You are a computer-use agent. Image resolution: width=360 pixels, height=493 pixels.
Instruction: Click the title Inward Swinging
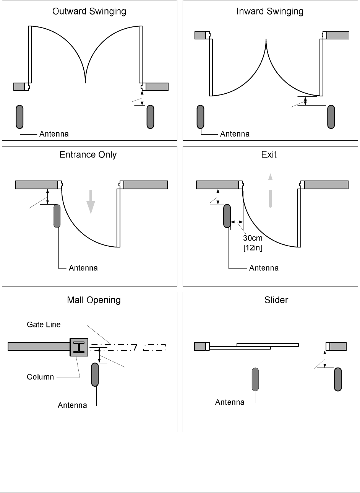click(x=270, y=11)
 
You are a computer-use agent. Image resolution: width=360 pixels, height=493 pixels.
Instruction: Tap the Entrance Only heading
click(x=88, y=155)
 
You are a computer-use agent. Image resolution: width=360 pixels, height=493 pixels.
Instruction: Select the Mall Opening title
click(x=94, y=300)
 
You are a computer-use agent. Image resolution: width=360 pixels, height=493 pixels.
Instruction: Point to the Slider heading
click(x=276, y=300)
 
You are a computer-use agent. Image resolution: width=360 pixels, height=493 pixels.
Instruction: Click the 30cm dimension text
click(x=253, y=239)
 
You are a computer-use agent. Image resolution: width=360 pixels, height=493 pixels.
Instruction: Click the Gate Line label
click(x=44, y=325)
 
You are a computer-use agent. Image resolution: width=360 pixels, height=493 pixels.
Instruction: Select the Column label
click(x=40, y=377)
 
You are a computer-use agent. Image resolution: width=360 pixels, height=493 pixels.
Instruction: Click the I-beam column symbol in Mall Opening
click(x=79, y=347)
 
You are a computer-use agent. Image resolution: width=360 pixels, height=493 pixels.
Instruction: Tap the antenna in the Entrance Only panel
click(x=57, y=216)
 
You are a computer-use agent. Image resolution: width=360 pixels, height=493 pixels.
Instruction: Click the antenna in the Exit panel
click(x=227, y=216)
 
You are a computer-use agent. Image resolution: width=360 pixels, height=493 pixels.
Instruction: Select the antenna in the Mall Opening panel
click(x=95, y=375)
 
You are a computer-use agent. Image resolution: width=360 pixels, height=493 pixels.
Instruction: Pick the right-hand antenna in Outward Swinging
click(x=151, y=117)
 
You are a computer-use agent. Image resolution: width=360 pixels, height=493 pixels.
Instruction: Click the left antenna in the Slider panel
click(x=256, y=379)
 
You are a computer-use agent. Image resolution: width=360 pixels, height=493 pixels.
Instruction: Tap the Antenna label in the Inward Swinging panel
click(x=235, y=134)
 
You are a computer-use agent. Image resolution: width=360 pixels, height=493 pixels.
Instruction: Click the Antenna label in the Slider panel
click(x=230, y=402)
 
